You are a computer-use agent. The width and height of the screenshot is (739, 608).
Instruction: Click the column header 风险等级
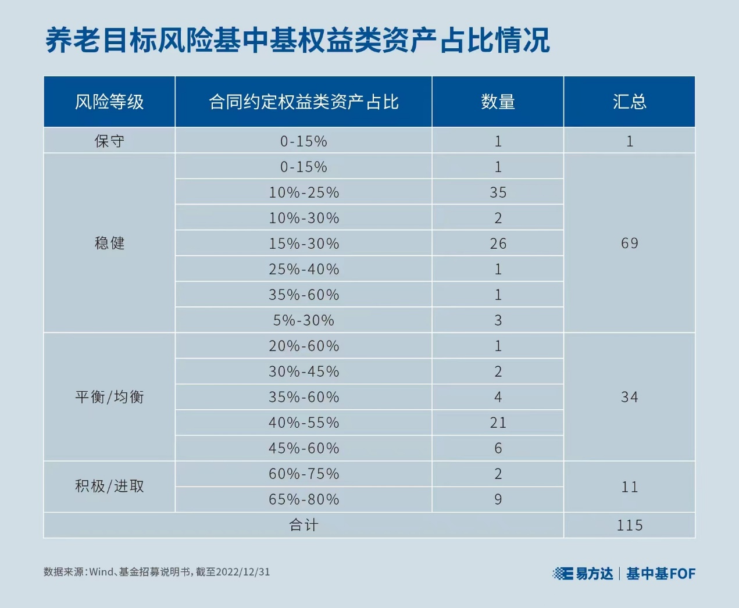point(109,102)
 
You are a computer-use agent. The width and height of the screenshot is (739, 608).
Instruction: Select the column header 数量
point(498,102)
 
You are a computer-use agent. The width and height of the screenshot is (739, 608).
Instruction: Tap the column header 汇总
point(630,102)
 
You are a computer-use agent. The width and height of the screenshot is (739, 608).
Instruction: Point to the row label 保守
point(109,141)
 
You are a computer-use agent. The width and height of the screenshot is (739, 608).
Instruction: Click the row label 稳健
point(109,243)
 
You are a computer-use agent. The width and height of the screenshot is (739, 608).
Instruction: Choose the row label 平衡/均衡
point(109,397)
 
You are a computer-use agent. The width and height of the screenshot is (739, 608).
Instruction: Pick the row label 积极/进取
point(109,487)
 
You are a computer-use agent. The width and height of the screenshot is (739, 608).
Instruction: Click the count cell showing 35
point(498,192)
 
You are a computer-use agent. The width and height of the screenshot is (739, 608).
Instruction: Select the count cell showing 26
point(498,244)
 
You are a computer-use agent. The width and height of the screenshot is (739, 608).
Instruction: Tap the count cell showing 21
point(498,423)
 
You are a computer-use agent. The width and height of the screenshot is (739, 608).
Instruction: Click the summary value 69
point(630,243)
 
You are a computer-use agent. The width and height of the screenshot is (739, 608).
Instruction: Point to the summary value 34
point(630,397)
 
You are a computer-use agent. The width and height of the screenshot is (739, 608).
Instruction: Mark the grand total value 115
point(630,525)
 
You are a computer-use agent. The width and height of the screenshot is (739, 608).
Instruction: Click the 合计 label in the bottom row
point(304,525)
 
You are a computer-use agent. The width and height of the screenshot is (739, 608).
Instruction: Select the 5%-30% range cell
point(304,320)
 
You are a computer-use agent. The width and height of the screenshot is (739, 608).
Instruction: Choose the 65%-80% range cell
point(304,499)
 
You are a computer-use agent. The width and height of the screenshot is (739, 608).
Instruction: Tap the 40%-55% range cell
point(304,423)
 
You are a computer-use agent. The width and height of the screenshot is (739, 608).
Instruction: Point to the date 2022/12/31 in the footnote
point(243,572)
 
